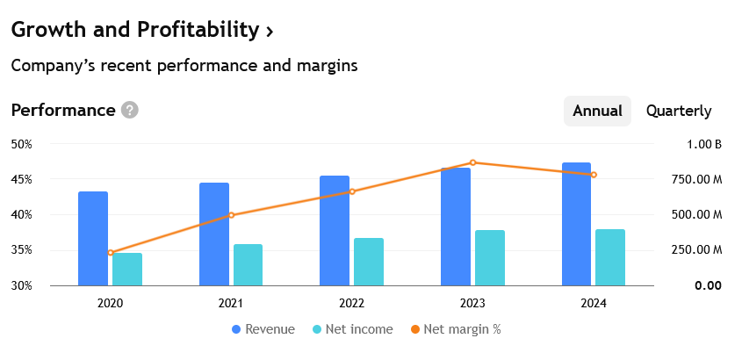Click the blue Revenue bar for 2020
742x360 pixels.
coord(93,239)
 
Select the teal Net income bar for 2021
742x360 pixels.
coord(248,265)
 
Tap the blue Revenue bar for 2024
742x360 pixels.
coord(576,224)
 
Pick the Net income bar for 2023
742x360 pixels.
coord(490,258)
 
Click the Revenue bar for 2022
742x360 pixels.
coord(335,231)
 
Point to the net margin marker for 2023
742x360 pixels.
coord(472,162)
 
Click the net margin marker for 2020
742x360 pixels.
coord(111,253)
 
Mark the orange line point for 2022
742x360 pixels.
coord(352,191)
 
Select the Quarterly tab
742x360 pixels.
coord(679,112)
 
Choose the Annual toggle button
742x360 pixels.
coord(597,112)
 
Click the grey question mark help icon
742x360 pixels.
coord(130,111)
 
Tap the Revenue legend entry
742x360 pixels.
coord(263,329)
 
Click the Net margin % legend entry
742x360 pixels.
coord(455,329)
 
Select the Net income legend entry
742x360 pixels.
coord(352,329)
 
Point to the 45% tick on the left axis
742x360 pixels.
coord(21,179)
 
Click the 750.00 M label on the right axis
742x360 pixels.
coord(697,179)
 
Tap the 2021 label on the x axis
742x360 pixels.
coord(231,303)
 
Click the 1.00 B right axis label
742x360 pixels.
coord(704,144)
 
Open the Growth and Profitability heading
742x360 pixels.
coord(142,30)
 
